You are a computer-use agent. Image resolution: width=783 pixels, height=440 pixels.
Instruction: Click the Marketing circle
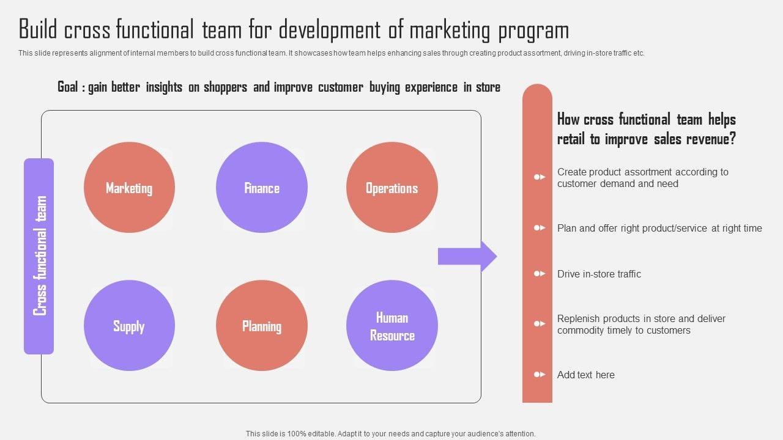click(x=129, y=188)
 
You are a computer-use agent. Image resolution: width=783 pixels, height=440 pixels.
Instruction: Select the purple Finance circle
click(x=262, y=188)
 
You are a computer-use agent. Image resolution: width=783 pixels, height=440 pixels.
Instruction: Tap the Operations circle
click(x=392, y=188)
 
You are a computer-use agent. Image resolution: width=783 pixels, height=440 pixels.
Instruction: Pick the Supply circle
click(x=129, y=326)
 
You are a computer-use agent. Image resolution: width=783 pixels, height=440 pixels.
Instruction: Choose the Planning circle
click(x=262, y=326)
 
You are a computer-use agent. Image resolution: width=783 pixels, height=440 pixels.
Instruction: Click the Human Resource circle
click(x=392, y=326)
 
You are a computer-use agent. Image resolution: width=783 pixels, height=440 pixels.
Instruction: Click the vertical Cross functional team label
click(x=39, y=256)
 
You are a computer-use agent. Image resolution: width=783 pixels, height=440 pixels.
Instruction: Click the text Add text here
click(x=585, y=375)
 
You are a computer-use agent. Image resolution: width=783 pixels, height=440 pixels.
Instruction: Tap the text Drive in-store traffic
click(x=599, y=274)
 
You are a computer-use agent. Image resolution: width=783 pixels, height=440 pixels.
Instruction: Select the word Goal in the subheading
click(x=67, y=87)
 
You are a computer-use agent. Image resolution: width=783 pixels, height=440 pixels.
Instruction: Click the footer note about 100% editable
click(x=391, y=433)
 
